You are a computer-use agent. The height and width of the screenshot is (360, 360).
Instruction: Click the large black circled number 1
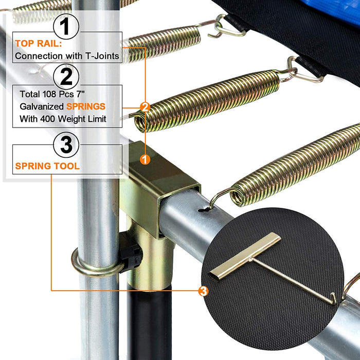(66, 26)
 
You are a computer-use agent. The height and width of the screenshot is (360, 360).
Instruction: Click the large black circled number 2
(66, 77)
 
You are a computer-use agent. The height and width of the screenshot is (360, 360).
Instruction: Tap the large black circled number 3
(66, 145)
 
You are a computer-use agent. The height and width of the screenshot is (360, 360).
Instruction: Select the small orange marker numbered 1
(145, 159)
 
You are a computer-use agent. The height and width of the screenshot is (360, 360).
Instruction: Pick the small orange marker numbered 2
(145, 107)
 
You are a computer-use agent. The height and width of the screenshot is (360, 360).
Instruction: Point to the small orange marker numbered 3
(204, 291)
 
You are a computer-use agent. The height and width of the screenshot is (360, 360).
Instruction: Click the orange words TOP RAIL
(39, 43)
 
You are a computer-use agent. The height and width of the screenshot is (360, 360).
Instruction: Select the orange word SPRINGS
(86, 106)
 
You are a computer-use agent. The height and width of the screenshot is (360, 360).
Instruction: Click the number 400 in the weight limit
(48, 119)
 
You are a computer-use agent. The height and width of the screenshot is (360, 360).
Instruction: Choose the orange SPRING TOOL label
(47, 166)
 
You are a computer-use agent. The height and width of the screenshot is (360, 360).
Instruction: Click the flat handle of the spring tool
(245, 256)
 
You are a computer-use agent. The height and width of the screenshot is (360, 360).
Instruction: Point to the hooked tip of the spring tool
(333, 299)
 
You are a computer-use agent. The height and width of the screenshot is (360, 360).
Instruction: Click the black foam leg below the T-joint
(149, 321)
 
